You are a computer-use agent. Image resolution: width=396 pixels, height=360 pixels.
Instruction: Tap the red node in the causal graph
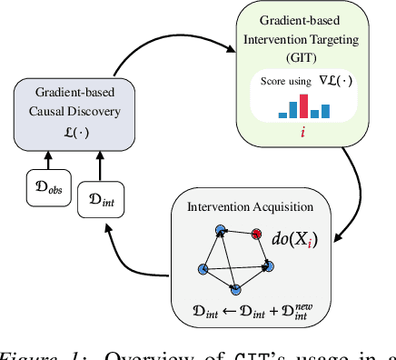pyautogui.click(x=256, y=235)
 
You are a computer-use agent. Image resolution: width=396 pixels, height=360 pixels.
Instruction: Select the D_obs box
pyautogui.click(x=45, y=192)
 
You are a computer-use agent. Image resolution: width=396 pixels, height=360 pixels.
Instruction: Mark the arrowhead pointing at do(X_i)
pyautogui.click(x=338, y=240)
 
